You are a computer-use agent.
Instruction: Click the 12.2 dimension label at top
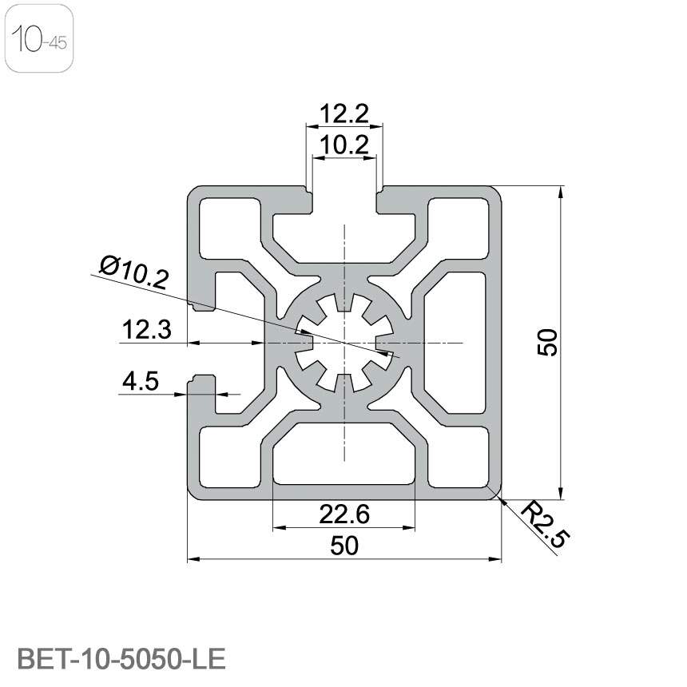tap(344, 114)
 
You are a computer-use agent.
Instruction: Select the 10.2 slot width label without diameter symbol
tap(344, 145)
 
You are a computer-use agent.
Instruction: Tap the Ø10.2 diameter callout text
tap(134, 272)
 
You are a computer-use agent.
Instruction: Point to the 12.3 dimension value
tap(145, 330)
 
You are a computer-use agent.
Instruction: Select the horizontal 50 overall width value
tap(344, 546)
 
